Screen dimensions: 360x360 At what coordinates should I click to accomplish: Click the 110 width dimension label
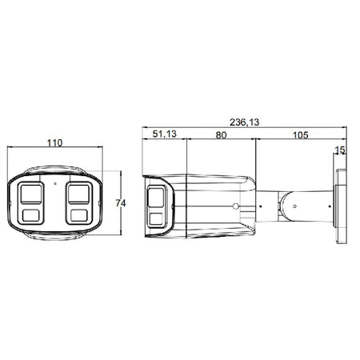click(x=54, y=143)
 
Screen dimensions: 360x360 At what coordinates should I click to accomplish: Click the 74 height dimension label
click(x=121, y=203)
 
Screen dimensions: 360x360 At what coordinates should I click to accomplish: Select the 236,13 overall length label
click(x=244, y=122)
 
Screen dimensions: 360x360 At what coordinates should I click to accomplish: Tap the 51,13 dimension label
click(x=165, y=134)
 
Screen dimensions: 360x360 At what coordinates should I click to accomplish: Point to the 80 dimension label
click(x=221, y=135)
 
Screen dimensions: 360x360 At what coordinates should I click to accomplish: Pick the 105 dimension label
click(x=301, y=135)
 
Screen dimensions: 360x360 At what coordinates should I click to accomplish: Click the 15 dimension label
click(x=340, y=150)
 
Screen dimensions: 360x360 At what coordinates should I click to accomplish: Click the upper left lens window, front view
click(x=31, y=194)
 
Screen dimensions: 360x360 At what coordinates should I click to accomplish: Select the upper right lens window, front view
click(x=78, y=194)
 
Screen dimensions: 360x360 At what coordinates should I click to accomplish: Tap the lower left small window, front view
click(x=31, y=215)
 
